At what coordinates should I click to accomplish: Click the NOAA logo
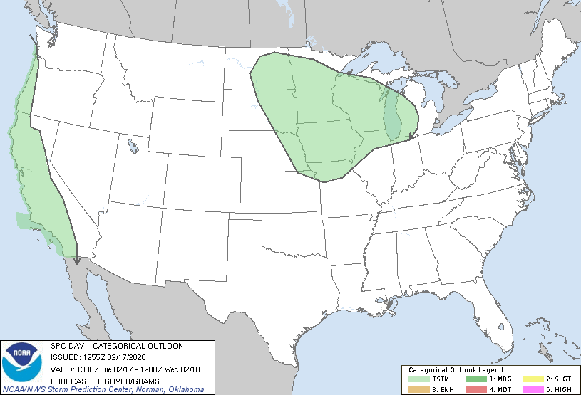[21, 363]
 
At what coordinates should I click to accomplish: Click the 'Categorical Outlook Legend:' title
[456, 370]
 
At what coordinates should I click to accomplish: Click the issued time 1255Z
[94, 357]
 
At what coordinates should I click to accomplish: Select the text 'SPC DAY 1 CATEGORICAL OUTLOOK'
[116, 346]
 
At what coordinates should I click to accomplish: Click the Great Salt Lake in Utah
[133, 147]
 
